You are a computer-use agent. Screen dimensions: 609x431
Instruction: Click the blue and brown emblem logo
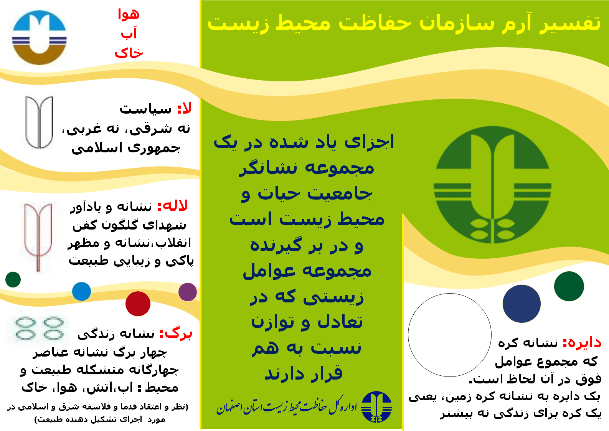[x=40, y=38]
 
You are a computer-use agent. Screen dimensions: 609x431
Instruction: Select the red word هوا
[x=129, y=14]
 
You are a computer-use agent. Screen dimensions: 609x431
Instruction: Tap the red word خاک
[x=129, y=52]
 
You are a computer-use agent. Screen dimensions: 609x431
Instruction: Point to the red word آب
[x=129, y=33]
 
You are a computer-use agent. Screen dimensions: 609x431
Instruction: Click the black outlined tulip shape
[x=39, y=122]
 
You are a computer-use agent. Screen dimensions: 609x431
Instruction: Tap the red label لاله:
[x=173, y=206]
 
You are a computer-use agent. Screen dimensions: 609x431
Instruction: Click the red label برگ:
[x=176, y=334]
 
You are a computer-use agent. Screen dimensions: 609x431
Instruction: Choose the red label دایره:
[x=582, y=343]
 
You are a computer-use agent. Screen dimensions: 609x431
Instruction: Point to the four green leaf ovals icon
[x=40, y=328]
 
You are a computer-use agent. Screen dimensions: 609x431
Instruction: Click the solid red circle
[x=138, y=304]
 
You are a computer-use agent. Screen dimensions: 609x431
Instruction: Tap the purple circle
[x=188, y=292]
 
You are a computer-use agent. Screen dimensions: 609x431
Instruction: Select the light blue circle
[x=82, y=292]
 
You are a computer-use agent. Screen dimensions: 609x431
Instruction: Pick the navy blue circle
[x=522, y=304]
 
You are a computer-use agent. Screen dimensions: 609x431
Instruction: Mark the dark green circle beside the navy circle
[x=569, y=286]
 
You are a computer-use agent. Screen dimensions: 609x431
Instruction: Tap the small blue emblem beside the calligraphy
[x=376, y=407]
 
